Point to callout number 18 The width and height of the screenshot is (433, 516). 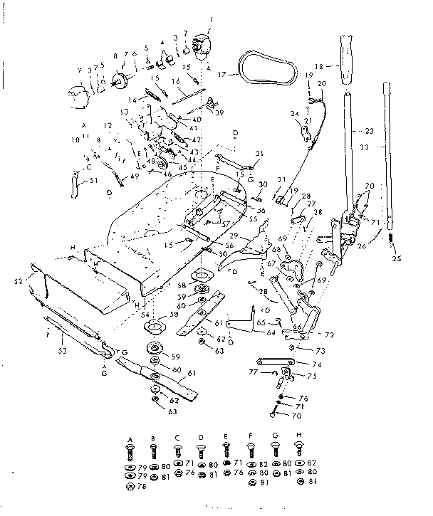tap(318, 65)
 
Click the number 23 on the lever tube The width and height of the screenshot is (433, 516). tap(369, 131)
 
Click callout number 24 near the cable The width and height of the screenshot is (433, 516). tap(293, 113)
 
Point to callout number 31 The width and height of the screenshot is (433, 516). tap(259, 154)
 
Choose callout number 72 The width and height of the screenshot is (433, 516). tap(329, 335)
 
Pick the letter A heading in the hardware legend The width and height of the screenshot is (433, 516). tap(130, 439)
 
